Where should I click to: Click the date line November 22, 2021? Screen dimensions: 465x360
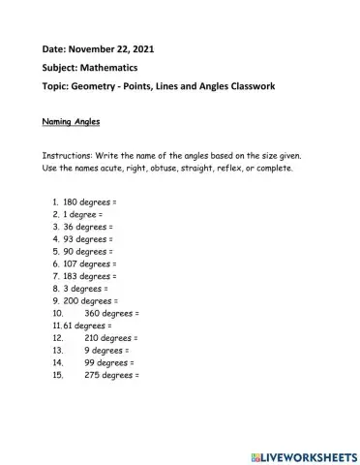click(x=98, y=48)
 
